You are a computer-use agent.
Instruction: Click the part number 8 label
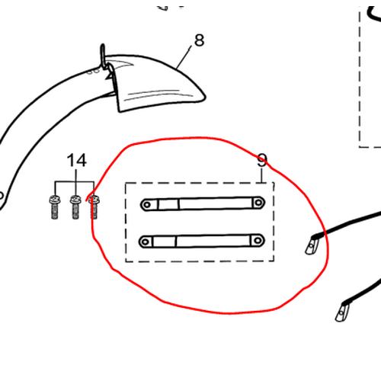(x=199, y=40)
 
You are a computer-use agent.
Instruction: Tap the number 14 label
(x=76, y=160)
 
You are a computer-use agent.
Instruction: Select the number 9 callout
(x=262, y=161)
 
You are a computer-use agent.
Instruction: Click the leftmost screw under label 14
(x=55, y=207)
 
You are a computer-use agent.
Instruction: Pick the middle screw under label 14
(x=75, y=207)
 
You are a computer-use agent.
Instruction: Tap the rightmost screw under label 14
(x=94, y=207)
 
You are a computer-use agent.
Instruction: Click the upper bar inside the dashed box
(x=203, y=203)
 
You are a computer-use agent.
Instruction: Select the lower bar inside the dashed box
(x=202, y=241)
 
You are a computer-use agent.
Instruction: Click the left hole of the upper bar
(x=147, y=205)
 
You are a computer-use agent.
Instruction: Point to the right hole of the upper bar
(x=258, y=203)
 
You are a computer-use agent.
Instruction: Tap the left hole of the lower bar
(x=146, y=242)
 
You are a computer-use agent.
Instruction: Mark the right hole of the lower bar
(x=258, y=240)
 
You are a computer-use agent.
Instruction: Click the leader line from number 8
(x=184, y=58)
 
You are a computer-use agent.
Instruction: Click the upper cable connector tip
(x=312, y=245)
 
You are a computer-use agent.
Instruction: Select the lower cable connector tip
(x=342, y=312)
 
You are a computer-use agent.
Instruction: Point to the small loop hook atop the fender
(x=103, y=56)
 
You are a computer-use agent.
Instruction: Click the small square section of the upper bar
(x=168, y=204)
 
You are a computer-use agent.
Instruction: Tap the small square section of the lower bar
(x=165, y=242)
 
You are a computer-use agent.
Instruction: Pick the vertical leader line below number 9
(x=261, y=175)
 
